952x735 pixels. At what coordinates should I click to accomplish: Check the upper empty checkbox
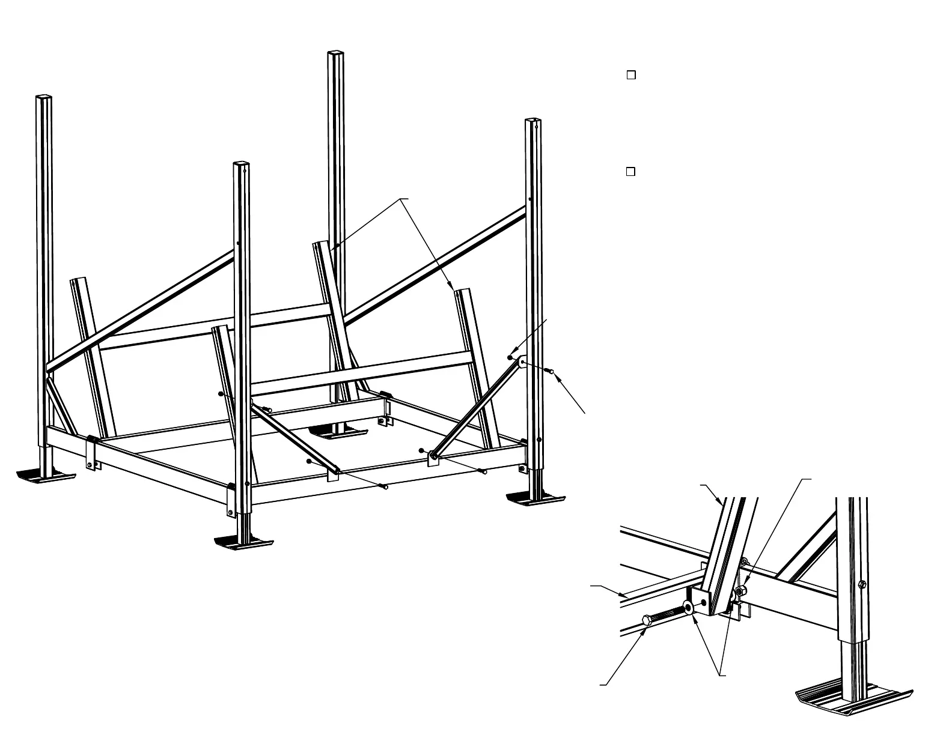[x=631, y=75]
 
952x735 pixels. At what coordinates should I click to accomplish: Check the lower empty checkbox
[x=631, y=172]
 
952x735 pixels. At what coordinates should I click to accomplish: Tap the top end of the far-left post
[x=43, y=96]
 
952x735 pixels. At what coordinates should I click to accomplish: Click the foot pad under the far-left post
[x=46, y=476]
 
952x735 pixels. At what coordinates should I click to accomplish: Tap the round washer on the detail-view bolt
[x=689, y=608]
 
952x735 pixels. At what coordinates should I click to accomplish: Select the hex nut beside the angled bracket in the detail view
[x=740, y=591]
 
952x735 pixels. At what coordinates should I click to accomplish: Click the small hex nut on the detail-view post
[x=862, y=584]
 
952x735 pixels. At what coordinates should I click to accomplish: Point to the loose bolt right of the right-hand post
[x=549, y=372]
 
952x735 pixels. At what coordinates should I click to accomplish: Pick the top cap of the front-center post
[x=240, y=163]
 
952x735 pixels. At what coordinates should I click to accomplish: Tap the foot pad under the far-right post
[x=535, y=500]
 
